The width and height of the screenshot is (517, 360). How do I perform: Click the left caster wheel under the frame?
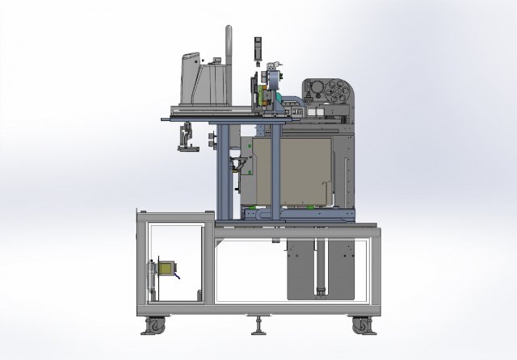(x=153, y=326)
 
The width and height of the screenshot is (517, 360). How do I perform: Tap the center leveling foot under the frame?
(x=258, y=326)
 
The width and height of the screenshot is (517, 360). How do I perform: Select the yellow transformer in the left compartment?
(x=166, y=269)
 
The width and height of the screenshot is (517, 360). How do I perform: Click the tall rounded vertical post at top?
(x=228, y=57)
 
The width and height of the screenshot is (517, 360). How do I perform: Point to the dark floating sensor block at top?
(x=257, y=48)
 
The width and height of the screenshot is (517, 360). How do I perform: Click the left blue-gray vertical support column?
(x=218, y=170)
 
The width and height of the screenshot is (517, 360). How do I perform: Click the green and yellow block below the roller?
(x=263, y=98)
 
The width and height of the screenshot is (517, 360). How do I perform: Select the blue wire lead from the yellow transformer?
(x=177, y=274)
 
